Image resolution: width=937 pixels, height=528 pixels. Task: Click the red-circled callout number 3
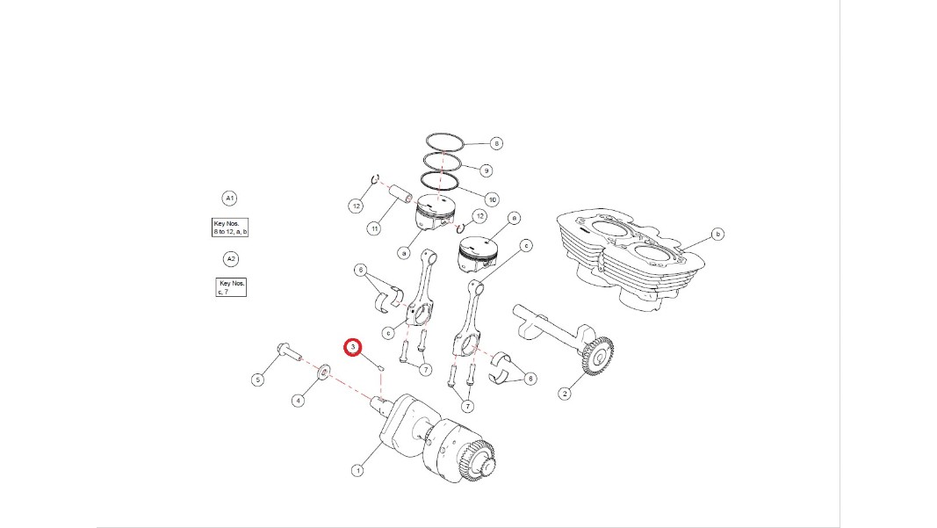pyautogui.click(x=352, y=347)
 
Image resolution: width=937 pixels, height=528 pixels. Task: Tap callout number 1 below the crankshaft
pyautogui.click(x=357, y=471)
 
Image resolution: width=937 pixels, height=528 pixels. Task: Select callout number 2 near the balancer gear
pyautogui.click(x=565, y=394)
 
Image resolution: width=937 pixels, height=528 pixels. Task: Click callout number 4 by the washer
pyautogui.click(x=298, y=401)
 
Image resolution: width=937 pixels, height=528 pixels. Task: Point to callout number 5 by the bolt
pyautogui.click(x=257, y=380)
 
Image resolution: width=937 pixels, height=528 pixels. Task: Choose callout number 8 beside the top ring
pyautogui.click(x=496, y=143)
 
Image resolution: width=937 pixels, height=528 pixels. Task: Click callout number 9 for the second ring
pyautogui.click(x=487, y=170)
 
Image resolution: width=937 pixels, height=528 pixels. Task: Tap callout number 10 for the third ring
pyautogui.click(x=492, y=199)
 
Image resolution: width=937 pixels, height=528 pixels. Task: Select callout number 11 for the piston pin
pyautogui.click(x=374, y=228)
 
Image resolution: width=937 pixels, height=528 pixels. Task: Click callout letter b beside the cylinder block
pyautogui.click(x=717, y=234)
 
